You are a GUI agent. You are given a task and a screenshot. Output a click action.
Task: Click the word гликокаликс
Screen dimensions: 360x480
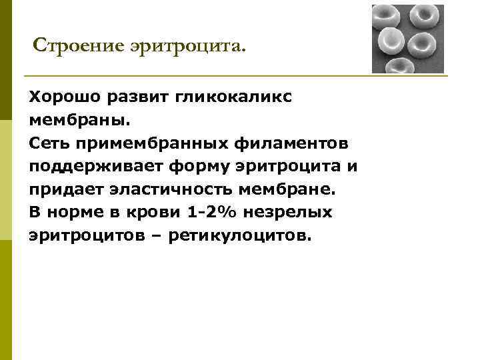[x=235, y=97]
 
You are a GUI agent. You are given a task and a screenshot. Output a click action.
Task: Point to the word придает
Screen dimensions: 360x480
[x=61, y=189]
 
